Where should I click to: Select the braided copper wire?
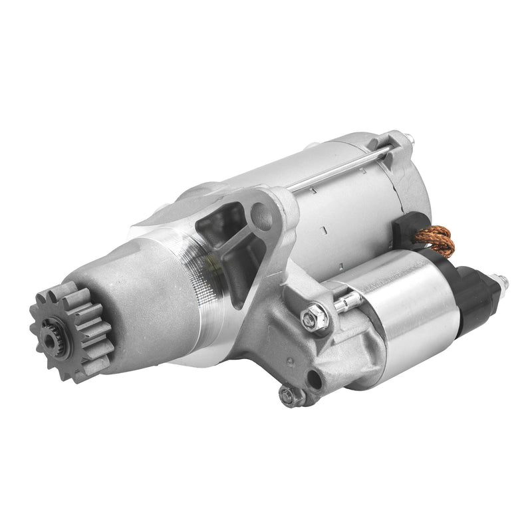pos(437,241)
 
